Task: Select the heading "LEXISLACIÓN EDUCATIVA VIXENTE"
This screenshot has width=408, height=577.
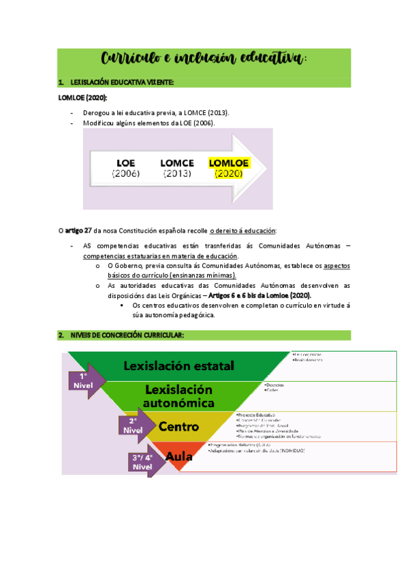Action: point(122,83)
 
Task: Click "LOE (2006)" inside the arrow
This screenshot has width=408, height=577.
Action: point(127,169)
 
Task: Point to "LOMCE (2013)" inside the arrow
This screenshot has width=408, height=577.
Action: point(177,169)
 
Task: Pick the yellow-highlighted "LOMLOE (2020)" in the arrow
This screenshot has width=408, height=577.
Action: point(229,168)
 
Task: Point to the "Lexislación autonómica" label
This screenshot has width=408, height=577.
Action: point(179,396)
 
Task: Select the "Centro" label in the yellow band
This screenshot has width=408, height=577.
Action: point(178,427)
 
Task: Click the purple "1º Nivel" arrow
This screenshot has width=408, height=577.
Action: point(84,380)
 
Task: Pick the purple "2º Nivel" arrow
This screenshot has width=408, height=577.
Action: point(134,425)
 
